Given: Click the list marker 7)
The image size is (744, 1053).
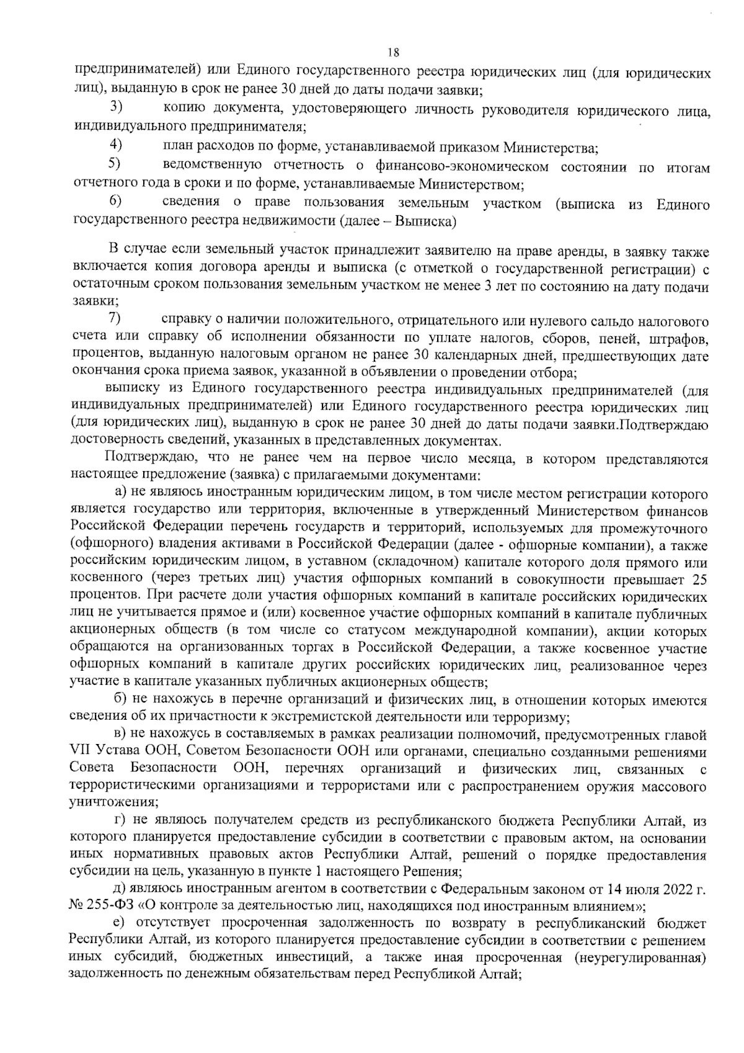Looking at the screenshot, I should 115,319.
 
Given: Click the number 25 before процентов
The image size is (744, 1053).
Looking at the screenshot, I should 699,580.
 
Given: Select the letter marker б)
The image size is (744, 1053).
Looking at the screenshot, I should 122,701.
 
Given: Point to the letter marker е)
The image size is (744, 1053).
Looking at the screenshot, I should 122,923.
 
